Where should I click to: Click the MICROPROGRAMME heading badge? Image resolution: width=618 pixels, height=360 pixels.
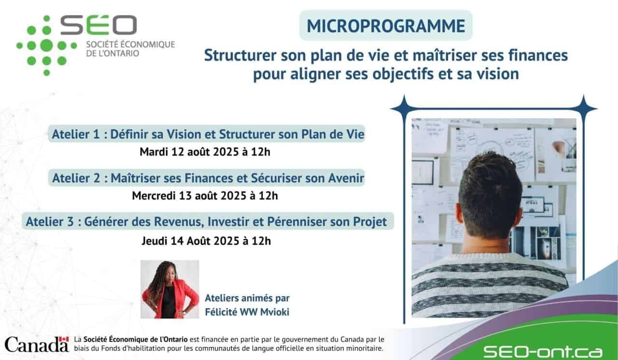point(386,26)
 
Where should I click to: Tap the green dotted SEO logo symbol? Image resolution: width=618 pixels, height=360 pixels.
point(47,45)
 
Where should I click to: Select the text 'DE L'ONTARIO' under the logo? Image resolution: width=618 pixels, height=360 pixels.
point(112,53)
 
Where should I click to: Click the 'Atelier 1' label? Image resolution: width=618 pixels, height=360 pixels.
point(76,134)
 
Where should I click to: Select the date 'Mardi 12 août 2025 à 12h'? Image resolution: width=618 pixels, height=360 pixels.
point(205,152)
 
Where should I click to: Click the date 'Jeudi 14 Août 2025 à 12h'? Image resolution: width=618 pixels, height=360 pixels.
point(206,241)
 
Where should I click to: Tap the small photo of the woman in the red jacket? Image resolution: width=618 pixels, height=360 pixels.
point(169,289)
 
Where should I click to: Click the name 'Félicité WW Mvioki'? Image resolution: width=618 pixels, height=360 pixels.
point(247,312)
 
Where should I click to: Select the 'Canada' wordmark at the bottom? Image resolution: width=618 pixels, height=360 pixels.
point(36,344)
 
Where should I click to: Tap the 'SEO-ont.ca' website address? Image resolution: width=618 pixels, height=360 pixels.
point(543,352)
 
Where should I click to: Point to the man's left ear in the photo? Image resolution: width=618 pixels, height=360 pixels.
point(459,212)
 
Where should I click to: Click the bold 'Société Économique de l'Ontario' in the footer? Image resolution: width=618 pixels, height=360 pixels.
point(136,339)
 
